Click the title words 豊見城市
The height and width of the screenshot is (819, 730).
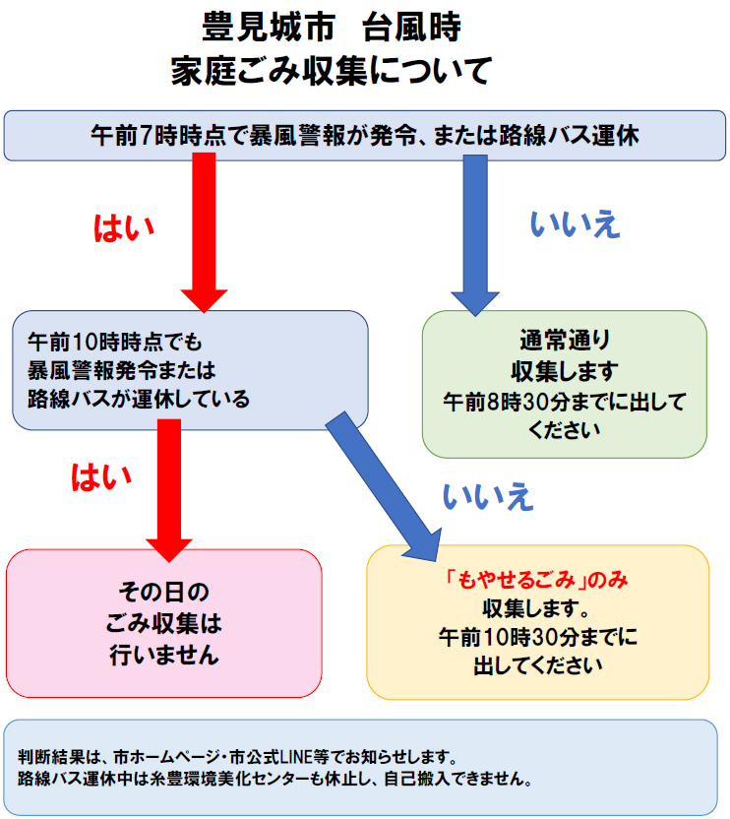(x=269, y=27)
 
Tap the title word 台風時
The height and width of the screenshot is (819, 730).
(x=411, y=27)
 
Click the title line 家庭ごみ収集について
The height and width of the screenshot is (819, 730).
(x=332, y=71)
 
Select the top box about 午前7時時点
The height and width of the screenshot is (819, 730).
(x=364, y=136)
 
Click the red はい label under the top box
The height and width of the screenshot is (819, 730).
(x=124, y=228)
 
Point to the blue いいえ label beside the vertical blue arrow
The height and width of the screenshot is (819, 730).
(x=575, y=224)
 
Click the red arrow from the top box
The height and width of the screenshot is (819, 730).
(x=204, y=232)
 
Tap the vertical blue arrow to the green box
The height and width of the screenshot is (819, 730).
(x=475, y=235)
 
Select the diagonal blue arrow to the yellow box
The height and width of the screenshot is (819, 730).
(x=385, y=485)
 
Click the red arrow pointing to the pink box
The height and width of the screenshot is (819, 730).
(x=169, y=490)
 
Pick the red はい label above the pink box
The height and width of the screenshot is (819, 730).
(x=101, y=477)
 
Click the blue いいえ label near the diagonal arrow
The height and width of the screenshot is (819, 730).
(x=488, y=496)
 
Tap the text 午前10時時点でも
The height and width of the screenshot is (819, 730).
(x=115, y=343)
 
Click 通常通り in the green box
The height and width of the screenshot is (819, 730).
(x=565, y=340)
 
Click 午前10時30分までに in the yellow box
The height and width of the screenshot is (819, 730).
(x=538, y=637)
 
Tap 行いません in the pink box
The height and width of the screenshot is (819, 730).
(x=164, y=655)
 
